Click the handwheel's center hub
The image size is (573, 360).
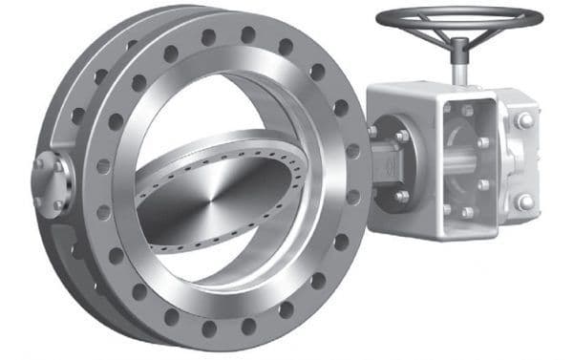tap(458, 40)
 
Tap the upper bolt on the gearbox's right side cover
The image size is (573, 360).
tap(524, 121)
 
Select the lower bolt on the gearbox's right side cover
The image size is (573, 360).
tap(524, 201)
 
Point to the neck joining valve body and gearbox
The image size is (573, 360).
tap(387, 162)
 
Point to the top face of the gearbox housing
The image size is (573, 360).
tap(430, 91)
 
